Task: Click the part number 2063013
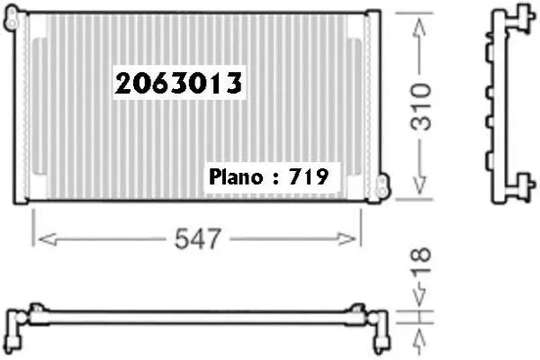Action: click(178, 83)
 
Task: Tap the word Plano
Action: click(236, 177)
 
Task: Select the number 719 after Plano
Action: click(308, 176)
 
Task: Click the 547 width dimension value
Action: click(197, 238)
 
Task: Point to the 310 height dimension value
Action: click(420, 106)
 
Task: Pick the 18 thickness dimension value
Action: click(420, 258)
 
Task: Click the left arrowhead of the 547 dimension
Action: click(48, 239)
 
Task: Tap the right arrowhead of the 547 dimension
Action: click(346, 239)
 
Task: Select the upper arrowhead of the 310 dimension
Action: click(419, 27)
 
